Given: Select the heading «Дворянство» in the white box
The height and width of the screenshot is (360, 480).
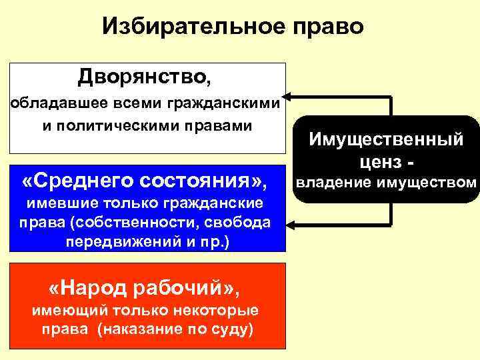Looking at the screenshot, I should click(x=142, y=77).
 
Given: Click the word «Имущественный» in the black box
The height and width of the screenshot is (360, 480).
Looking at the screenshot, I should click(x=386, y=140).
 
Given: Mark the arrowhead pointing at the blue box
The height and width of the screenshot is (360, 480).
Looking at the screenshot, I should click(x=291, y=223).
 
